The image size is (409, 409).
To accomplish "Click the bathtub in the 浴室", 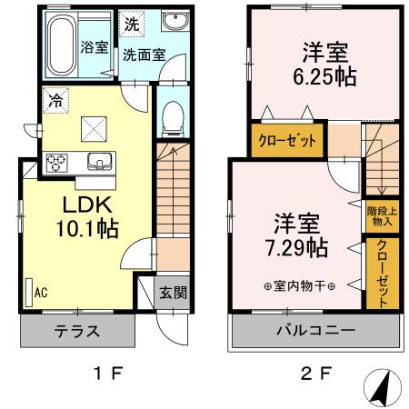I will tap(62, 45).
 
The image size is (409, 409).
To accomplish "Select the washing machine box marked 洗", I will tap(133, 22).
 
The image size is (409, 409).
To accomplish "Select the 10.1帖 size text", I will tap(88, 229).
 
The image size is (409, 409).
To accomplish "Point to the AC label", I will tap(40, 293).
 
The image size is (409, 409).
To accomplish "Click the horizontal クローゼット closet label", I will tap(285, 141).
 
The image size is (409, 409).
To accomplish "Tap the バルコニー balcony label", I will tap(316, 331).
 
